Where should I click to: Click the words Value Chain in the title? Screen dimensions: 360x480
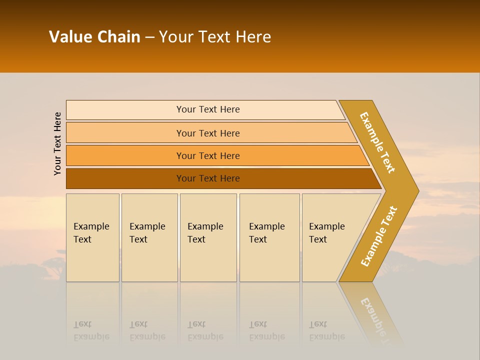point(94,37)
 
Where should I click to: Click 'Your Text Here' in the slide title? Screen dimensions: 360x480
point(215,37)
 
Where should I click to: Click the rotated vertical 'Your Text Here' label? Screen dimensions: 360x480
point(57,143)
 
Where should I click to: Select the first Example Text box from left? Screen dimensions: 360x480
point(92,237)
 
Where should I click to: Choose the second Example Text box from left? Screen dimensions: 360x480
point(149,237)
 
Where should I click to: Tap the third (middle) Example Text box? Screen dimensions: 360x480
point(208,237)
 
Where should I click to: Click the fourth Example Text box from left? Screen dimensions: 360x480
point(269,237)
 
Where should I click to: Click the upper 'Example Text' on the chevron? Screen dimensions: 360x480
point(377,142)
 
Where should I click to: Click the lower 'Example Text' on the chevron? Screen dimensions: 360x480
point(378,236)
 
